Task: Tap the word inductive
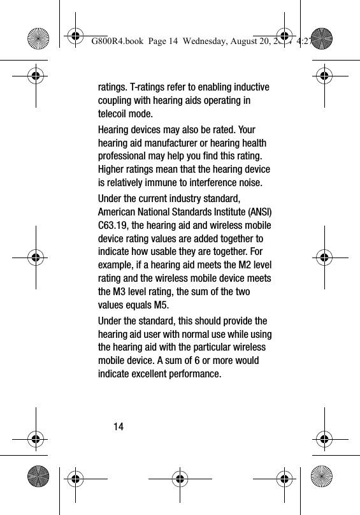click(x=247, y=87)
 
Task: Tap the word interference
click(x=215, y=184)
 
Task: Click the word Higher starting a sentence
click(x=113, y=171)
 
